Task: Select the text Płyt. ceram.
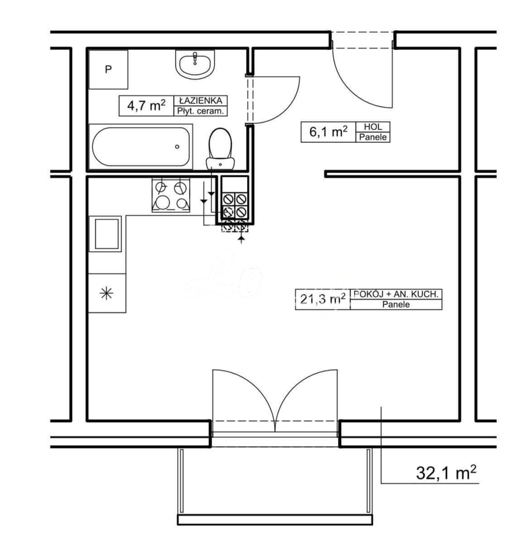pyautogui.click(x=200, y=112)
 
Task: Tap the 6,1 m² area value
pyautogui.click(x=329, y=132)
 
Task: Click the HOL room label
pyautogui.click(x=374, y=127)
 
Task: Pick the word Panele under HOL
pyautogui.click(x=374, y=137)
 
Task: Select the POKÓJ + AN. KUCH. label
pyautogui.click(x=397, y=294)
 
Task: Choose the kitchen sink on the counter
pyautogui.click(x=105, y=234)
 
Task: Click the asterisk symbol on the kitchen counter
pyautogui.click(x=106, y=293)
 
